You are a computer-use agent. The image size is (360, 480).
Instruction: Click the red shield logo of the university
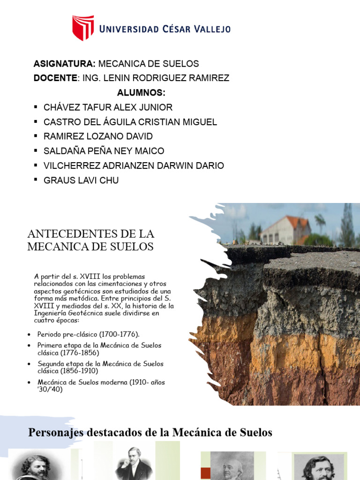click(83, 28)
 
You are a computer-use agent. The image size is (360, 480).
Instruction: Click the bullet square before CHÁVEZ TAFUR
click(36, 107)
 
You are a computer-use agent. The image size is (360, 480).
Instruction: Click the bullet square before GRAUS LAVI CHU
click(36, 180)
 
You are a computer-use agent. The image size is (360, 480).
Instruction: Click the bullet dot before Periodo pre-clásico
click(29, 334)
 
